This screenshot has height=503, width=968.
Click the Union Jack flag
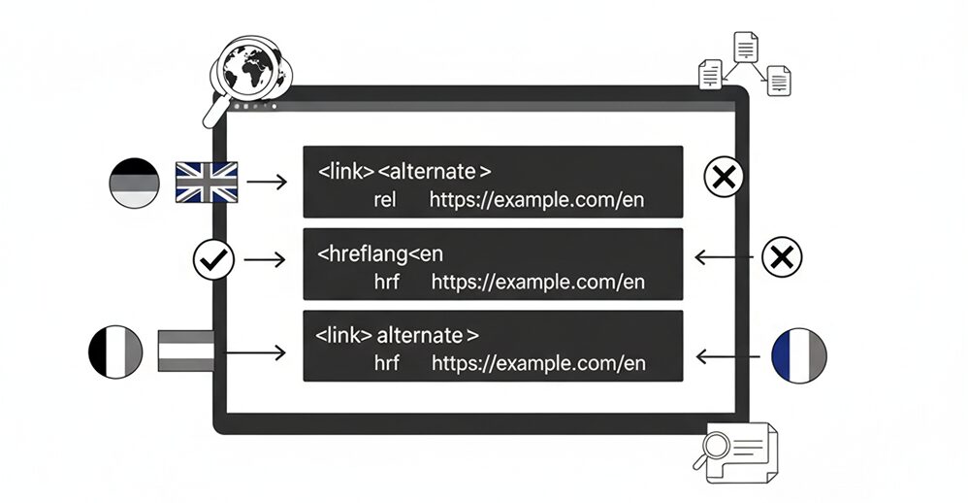click(207, 183)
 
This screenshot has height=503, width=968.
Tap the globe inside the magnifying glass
click(248, 70)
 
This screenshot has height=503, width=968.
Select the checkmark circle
click(213, 260)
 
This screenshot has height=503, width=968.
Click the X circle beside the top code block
click(724, 177)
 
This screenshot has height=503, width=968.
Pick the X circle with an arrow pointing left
click(782, 256)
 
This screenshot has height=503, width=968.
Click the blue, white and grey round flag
click(799, 355)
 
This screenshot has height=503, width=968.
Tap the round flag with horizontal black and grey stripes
click(134, 183)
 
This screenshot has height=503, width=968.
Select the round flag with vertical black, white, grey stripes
click(115, 352)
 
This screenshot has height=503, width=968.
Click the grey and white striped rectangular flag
click(186, 351)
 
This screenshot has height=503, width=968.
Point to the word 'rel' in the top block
click(385, 200)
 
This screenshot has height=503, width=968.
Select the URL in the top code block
click(536, 200)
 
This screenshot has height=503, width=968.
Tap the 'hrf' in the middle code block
click(386, 282)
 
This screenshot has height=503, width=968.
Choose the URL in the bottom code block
click(538, 363)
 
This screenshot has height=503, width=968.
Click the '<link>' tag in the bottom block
click(344, 336)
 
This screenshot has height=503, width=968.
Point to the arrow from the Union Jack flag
click(267, 182)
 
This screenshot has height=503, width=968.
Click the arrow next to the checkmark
click(265, 259)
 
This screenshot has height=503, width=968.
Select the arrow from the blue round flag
click(727, 356)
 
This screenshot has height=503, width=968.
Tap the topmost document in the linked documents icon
click(746, 47)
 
